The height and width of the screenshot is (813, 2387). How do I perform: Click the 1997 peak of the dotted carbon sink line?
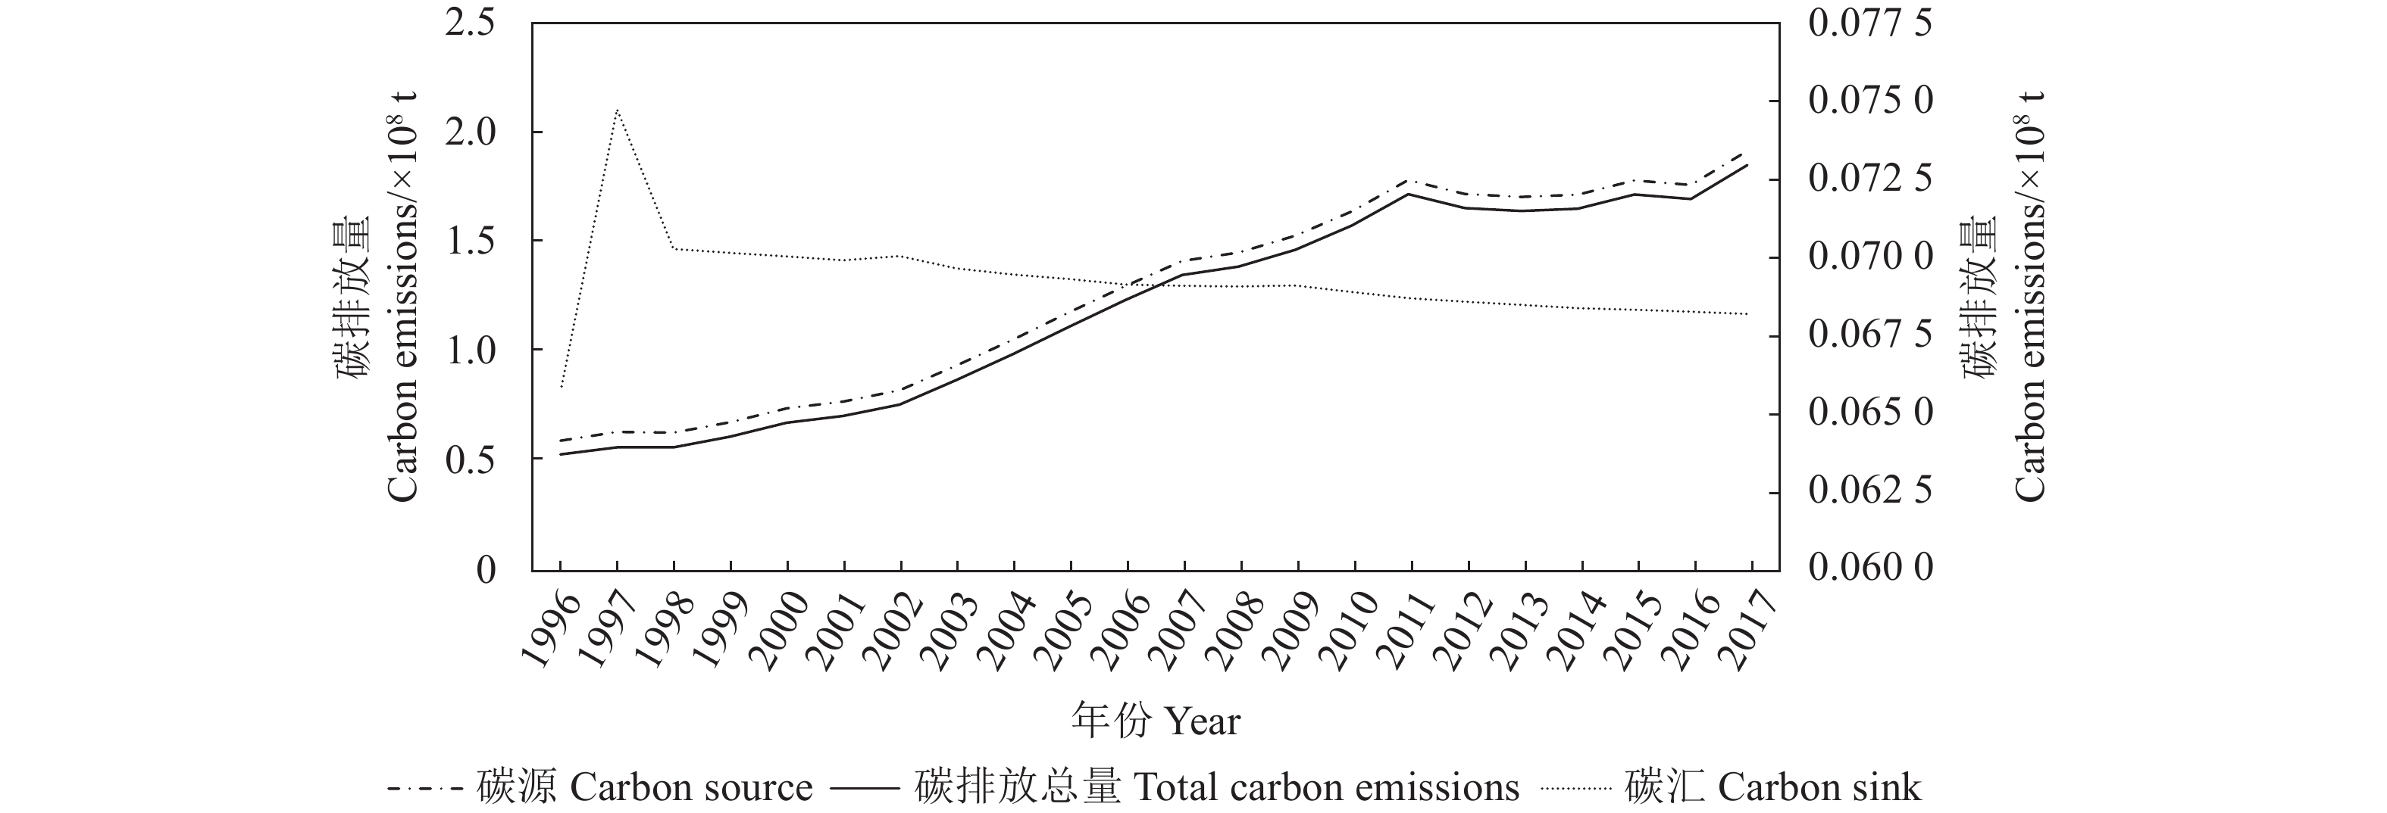617,109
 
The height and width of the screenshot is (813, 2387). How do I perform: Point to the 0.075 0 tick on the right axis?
1870,100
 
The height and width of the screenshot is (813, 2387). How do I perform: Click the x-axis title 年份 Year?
1156,719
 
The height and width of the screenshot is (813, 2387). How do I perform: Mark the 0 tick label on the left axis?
486,568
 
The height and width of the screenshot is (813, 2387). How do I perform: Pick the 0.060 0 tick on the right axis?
1870,567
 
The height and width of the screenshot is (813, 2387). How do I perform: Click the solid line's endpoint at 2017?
1747,165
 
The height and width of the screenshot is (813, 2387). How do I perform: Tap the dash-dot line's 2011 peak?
1409,181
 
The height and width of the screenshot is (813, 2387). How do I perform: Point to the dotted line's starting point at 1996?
561,387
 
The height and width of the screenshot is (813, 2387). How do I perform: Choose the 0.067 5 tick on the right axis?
1870,335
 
